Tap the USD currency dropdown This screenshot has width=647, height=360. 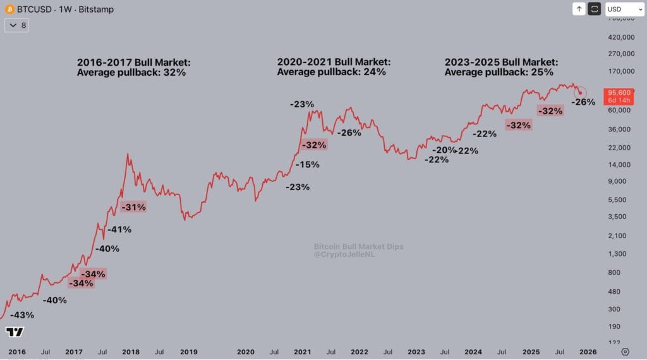point(624,9)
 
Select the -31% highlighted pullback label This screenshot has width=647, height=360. point(133,207)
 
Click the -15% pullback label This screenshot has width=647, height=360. point(307,164)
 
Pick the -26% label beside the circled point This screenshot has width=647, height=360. point(583,102)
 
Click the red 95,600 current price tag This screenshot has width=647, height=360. point(617,92)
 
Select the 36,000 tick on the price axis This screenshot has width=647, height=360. point(620,129)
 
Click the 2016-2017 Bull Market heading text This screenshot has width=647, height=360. point(133,63)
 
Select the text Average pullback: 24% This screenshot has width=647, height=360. point(331,72)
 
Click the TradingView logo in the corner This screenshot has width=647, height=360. point(15,332)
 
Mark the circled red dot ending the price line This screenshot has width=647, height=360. point(580,93)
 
